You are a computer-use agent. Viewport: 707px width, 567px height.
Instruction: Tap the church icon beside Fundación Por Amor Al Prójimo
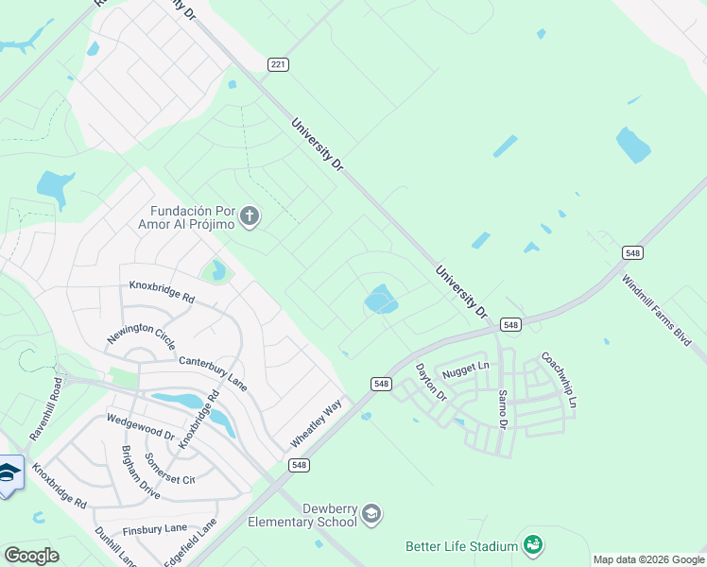pos(250,217)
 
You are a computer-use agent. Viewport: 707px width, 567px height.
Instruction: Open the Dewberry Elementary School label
pos(302,515)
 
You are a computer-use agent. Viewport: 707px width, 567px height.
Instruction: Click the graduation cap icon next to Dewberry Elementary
pos(371,514)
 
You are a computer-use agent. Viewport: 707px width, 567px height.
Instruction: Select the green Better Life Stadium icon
pos(533,545)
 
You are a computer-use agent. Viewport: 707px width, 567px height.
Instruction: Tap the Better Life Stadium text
pos(461,546)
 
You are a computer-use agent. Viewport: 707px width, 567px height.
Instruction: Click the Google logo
pos(31,555)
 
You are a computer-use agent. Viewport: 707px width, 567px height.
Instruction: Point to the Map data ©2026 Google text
pos(648,559)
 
